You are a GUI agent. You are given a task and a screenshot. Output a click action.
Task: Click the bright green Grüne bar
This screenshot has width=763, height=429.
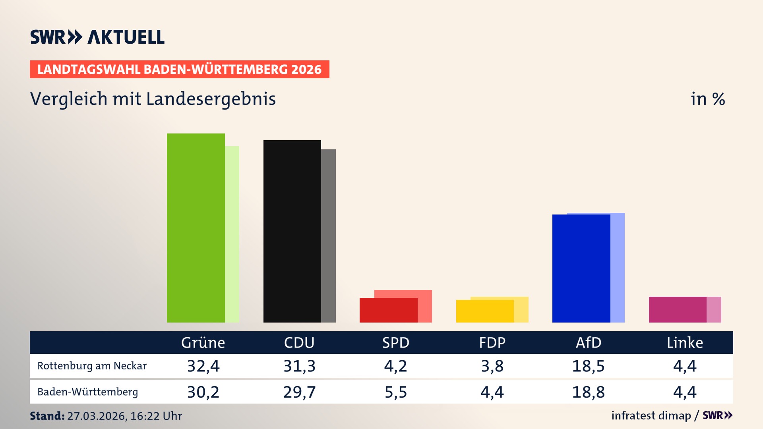(196, 228)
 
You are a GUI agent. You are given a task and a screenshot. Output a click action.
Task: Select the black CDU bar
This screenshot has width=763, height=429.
(292, 231)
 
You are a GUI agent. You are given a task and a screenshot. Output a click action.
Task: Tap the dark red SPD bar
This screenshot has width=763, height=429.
(388, 310)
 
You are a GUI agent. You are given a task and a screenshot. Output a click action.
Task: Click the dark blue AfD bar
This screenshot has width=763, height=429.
(581, 269)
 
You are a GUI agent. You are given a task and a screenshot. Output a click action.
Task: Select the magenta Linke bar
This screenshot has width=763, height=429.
(678, 309)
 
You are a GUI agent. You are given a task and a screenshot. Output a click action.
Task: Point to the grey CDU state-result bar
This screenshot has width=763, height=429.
(329, 236)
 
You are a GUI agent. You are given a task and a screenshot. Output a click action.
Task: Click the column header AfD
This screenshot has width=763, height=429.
(588, 342)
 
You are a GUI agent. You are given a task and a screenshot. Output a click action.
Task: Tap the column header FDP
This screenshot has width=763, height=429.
(492, 342)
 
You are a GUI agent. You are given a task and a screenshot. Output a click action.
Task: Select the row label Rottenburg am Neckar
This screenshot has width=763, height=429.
(92, 366)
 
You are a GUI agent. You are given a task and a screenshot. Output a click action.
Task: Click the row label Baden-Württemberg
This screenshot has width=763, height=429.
(87, 392)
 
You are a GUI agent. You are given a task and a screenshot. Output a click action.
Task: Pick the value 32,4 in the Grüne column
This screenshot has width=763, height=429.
(203, 366)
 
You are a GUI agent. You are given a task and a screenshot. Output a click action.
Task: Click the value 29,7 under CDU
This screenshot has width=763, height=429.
(299, 392)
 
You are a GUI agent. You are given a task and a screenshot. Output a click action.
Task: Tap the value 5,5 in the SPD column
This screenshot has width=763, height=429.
(396, 392)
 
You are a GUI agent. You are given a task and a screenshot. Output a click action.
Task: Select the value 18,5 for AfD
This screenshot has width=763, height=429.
(588, 366)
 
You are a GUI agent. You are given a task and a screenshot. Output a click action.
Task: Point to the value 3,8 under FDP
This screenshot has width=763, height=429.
(492, 366)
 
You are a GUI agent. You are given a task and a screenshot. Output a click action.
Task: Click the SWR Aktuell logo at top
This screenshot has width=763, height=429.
(97, 37)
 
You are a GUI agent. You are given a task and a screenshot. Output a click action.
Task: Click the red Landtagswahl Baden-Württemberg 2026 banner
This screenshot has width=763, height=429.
(179, 70)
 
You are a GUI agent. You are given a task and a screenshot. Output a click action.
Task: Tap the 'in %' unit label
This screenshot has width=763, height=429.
(707, 99)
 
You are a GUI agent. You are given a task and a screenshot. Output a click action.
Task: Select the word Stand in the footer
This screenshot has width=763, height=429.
(47, 416)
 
